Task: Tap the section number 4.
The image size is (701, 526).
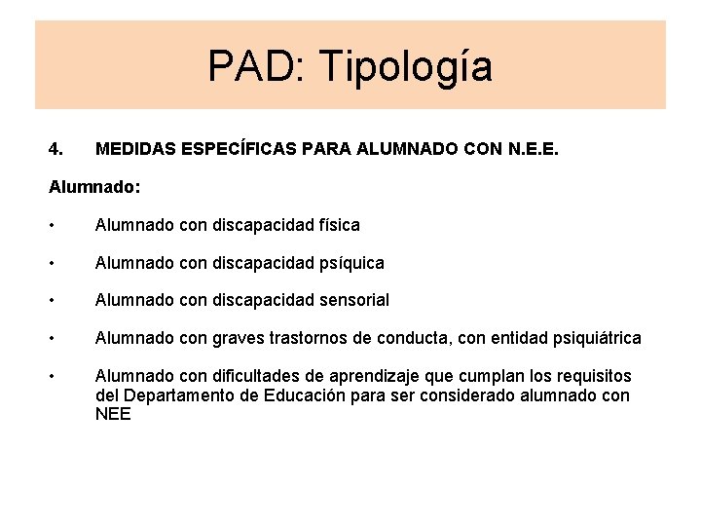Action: pos(55,150)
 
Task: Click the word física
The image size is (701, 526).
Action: pos(339,225)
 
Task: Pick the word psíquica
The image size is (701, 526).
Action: pos(351,263)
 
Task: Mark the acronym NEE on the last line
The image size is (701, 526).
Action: pos(113,414)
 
